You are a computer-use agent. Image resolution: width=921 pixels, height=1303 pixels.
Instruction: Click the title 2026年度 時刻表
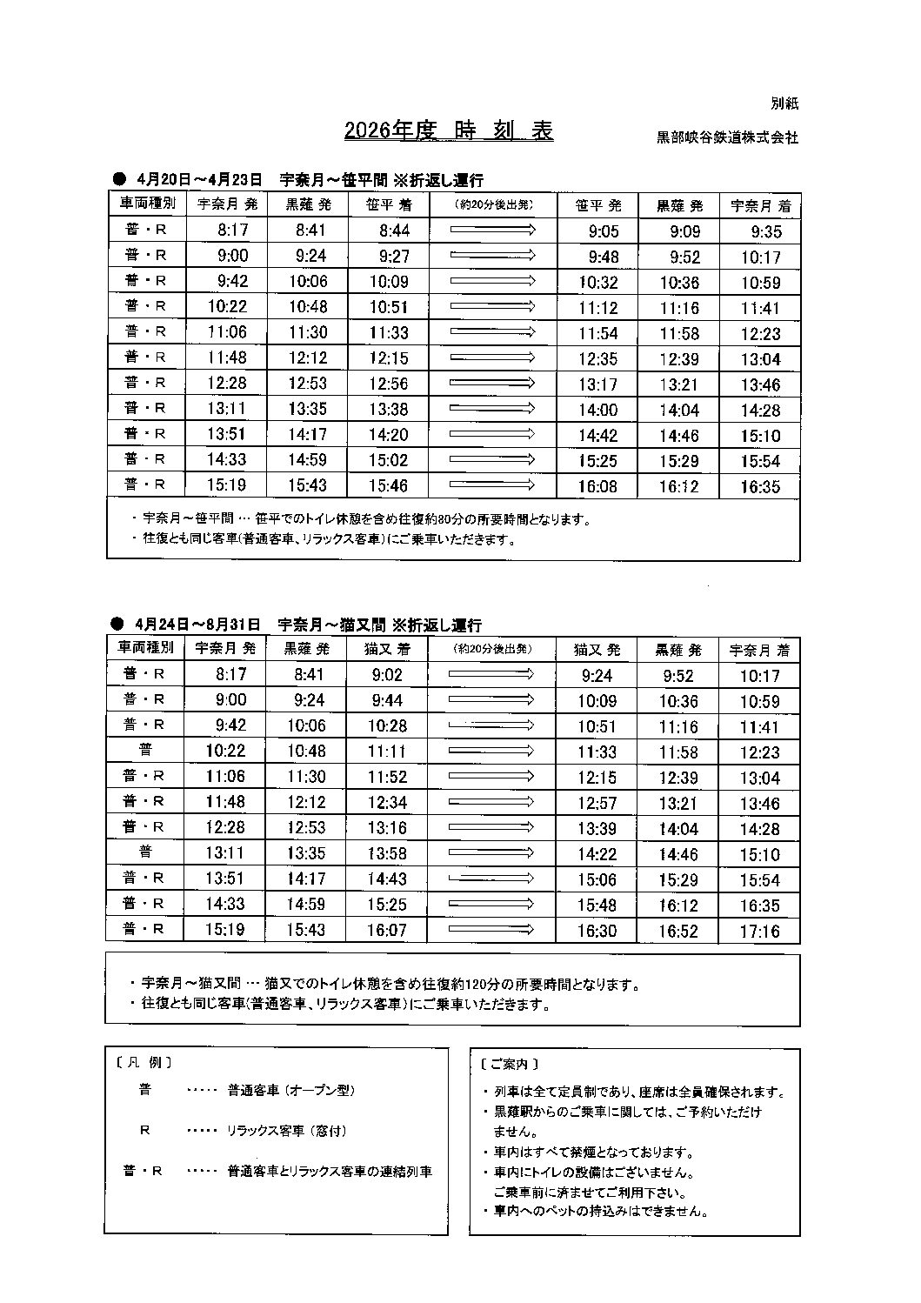[449, 130]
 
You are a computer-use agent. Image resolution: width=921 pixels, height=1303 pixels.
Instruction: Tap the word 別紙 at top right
[784, 104]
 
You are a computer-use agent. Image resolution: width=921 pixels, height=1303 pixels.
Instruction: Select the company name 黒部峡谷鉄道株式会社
[727, 137]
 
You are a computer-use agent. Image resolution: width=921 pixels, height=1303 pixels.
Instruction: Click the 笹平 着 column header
[389, 205]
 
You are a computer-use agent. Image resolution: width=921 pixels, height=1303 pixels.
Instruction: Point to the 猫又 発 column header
[597, 649]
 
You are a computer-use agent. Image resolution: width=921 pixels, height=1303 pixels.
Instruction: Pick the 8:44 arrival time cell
[389, 231]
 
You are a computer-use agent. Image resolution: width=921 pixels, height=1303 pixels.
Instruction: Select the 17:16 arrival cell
[760, 931]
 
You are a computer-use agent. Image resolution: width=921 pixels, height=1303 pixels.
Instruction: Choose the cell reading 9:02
[387, 674]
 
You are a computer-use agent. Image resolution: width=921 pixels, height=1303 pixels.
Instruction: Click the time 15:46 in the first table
[389, 485]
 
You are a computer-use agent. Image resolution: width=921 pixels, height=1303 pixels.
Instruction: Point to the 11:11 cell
[387, 751]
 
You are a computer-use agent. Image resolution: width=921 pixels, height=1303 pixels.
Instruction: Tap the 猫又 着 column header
[387, 649]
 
